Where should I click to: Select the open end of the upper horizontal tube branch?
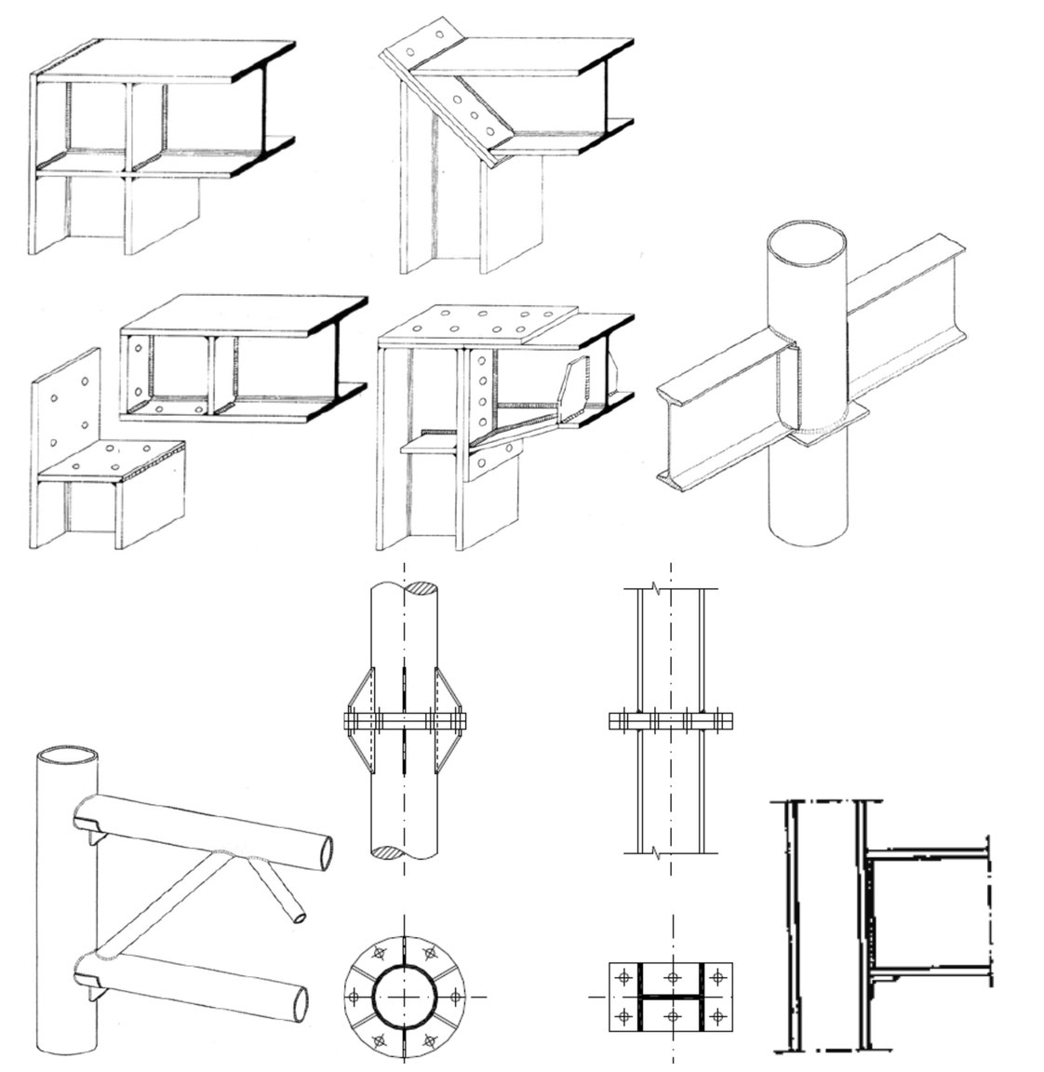322,849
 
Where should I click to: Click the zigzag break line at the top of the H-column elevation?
659,589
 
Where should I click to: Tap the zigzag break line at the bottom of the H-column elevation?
659,851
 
